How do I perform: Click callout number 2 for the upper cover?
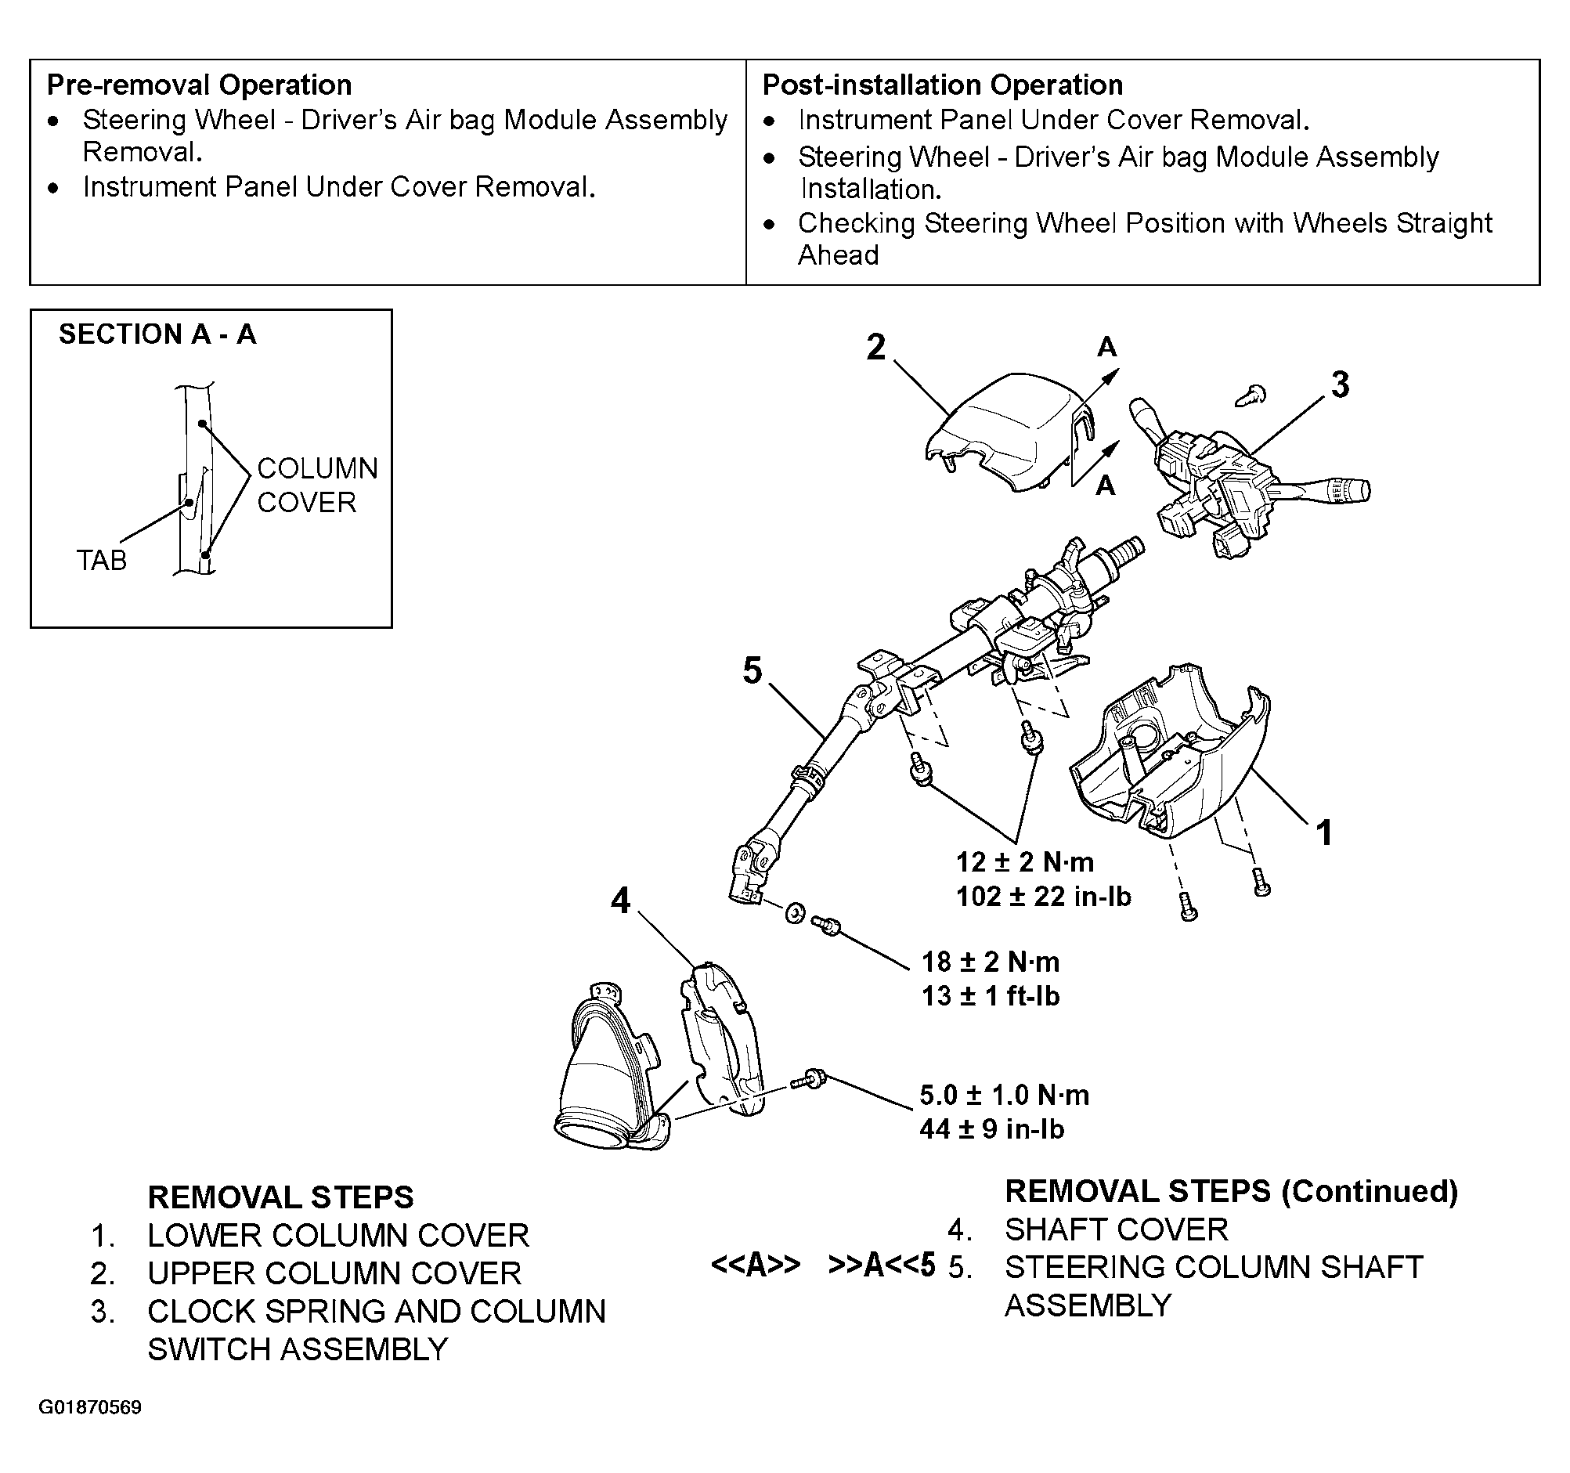(875, 348)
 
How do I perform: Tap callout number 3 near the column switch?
(1341, 385)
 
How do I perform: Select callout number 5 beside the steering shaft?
(753, 670)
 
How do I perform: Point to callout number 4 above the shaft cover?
(621, 901)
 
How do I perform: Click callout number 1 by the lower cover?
(1324, 832)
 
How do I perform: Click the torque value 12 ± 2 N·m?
(1024, 861)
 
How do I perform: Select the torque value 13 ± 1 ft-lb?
(991, 996)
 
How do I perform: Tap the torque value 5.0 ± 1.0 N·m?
(1004, 1095)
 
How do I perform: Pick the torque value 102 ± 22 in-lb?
(1043, 897)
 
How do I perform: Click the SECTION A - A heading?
(157, 334)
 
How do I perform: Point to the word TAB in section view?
(101, 560)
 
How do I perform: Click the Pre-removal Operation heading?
(199, 85)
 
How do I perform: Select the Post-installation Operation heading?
(942, 85)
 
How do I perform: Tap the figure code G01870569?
(90, 1406)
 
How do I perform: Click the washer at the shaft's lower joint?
(795, 914)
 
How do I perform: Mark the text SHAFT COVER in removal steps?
(1116, 1229)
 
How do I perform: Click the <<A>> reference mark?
(755, 1265)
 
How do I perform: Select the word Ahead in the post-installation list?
(838, 255)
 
